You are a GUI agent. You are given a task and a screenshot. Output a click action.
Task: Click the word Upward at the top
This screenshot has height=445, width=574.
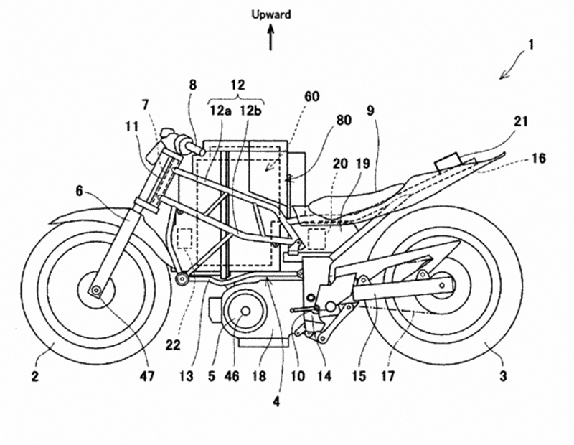(x=271, y=14)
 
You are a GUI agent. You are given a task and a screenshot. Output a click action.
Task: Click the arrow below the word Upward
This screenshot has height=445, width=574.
(x=271, y=37)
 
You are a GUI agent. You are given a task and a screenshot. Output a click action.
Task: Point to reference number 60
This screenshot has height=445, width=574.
(x=311, y=96)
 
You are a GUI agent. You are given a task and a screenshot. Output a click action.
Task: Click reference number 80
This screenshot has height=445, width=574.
(x=343, y=120)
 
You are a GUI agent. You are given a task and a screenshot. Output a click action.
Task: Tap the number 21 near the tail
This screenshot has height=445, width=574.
(x=521, y=121)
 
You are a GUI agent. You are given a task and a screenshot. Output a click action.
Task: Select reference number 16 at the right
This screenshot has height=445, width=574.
(x=538, y=158)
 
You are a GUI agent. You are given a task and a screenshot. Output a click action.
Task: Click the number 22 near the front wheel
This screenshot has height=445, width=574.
(x=172, y=345)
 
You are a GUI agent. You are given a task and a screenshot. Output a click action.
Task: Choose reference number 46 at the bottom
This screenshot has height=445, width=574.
(x=232, y=375)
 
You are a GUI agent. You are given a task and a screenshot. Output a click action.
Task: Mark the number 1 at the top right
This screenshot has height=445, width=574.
(x=531, y=44)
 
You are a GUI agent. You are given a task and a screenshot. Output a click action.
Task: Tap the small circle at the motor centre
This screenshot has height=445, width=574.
(x=245, y=311)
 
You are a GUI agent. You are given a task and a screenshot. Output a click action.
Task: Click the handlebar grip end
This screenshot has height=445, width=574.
(x=201, y=149)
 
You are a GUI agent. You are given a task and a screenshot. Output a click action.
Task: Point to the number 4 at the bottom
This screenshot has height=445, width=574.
(x=276, y=402)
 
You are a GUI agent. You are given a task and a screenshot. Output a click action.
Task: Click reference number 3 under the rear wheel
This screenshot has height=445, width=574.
(x=504, y=376)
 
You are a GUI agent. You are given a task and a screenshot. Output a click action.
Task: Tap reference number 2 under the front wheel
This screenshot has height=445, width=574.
(x=34, y=376)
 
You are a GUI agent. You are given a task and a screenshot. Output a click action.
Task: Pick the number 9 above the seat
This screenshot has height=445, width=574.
(x=370, y=111)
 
